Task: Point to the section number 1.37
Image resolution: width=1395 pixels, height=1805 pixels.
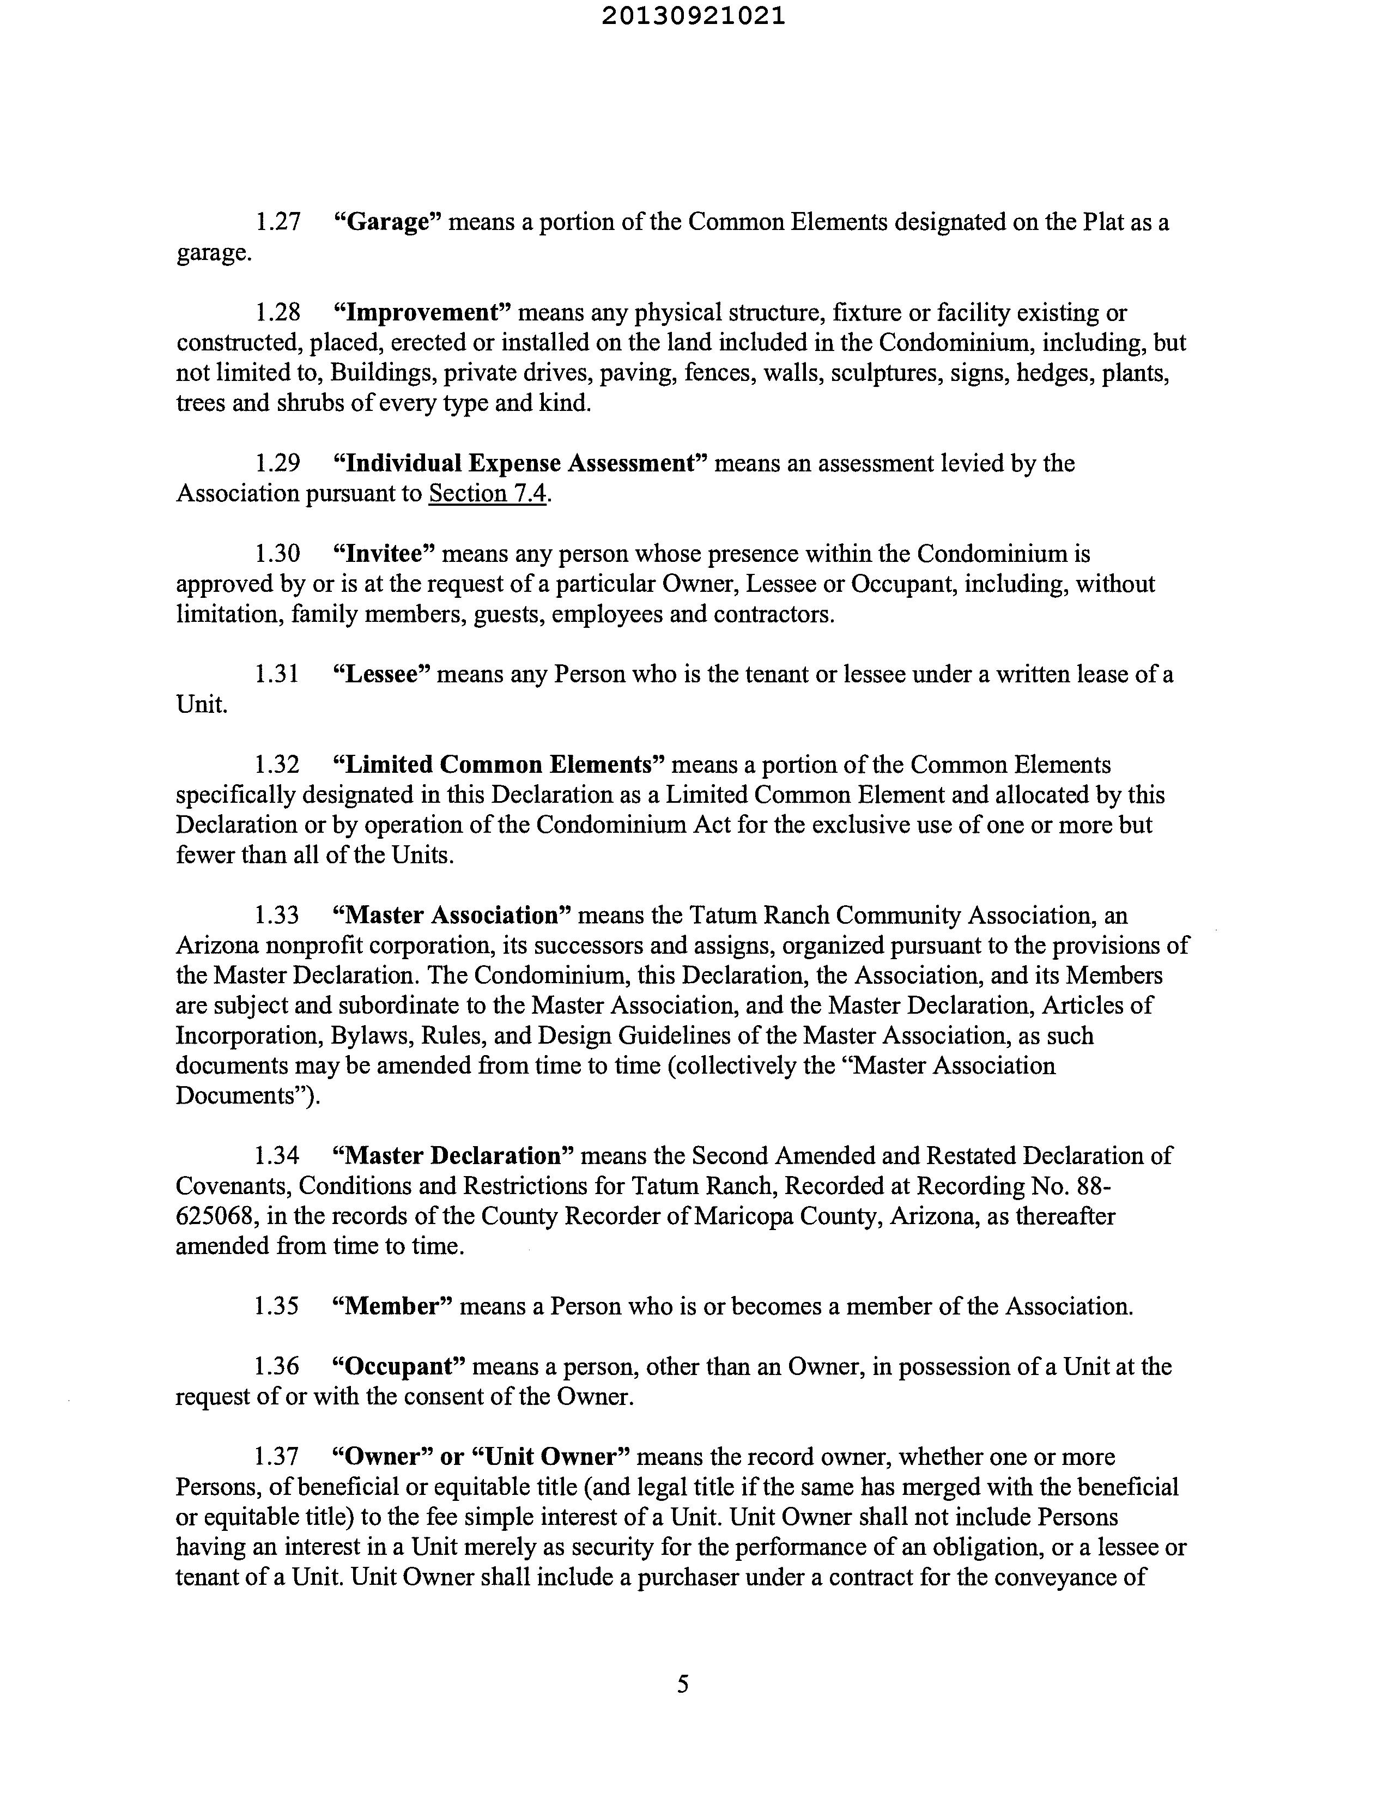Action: [x=277, y=1456]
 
